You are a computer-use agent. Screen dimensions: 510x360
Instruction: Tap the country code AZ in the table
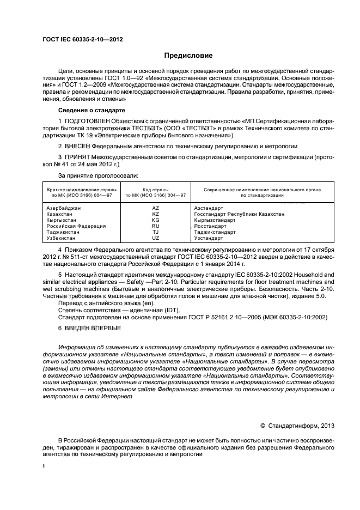[x=155, y=208]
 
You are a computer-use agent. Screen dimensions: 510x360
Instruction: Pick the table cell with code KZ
[x=155, y=214]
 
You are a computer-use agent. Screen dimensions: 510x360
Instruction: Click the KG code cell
[x=155, y=220]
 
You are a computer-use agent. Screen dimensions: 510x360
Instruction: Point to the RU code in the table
[x=155, y=226]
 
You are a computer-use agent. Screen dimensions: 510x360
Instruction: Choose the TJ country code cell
[x=155, y=232]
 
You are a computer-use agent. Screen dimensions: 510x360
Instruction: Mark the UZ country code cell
[x=155, y=238]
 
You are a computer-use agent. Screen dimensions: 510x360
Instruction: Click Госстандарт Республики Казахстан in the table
[x=239, y=214]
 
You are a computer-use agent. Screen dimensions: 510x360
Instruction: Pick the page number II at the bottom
[x=45, y=466]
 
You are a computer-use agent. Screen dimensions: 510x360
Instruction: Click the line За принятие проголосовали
[x=97, y=175]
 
